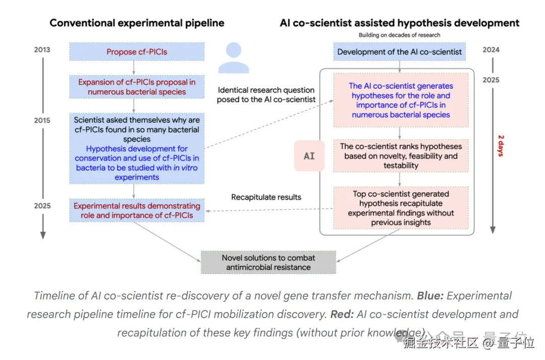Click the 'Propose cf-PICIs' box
(136, 52)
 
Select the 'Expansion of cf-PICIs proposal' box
(136, 87)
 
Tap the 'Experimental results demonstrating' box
(136, 211)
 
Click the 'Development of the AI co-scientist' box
(399, 52)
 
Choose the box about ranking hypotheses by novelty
(401, 156)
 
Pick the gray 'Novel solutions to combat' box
(268, 262)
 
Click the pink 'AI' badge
(309, 156)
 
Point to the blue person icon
(233, 58)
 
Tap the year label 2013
(42, 50)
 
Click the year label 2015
(42, 121)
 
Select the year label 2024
(490, 50)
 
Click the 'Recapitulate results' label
(266, 197)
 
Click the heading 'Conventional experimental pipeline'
(137, 23)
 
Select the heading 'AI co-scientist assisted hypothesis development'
(399, 23)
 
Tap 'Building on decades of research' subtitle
(399, 35)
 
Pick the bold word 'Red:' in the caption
(342, 315)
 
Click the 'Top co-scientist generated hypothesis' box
(401, 208)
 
